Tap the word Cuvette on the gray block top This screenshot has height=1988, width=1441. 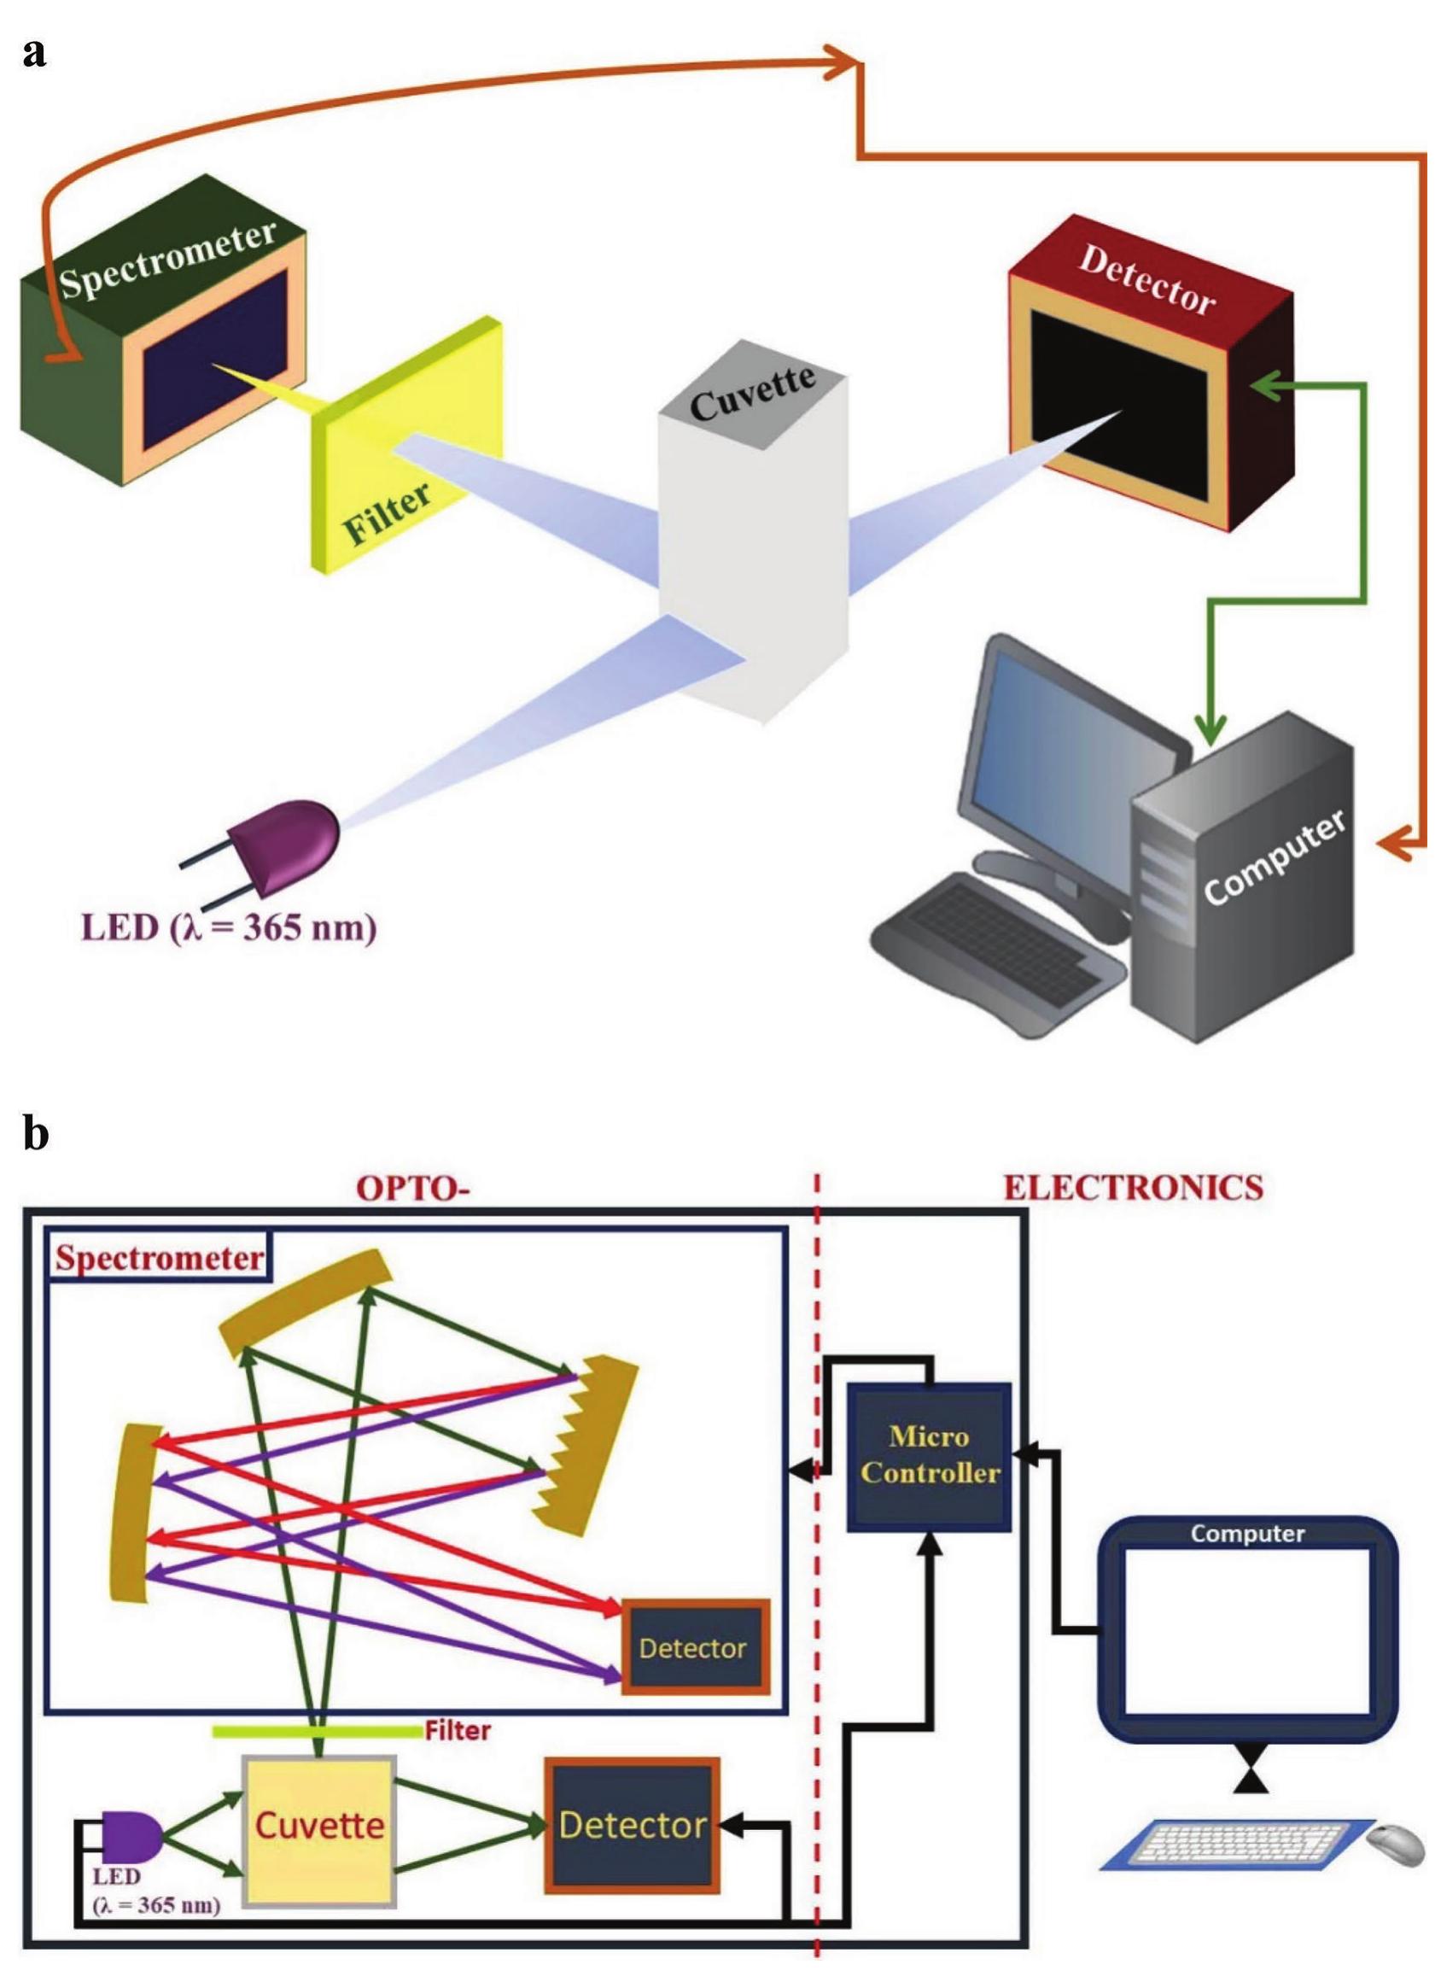(752, 395)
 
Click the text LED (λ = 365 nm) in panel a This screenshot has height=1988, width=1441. (229, 927)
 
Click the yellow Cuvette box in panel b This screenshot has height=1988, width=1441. (319, 1829)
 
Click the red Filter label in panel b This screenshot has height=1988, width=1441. (458, 1730)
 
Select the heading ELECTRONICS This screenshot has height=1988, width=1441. (1133, 1188)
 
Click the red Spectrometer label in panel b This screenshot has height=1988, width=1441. (159, 1259)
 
